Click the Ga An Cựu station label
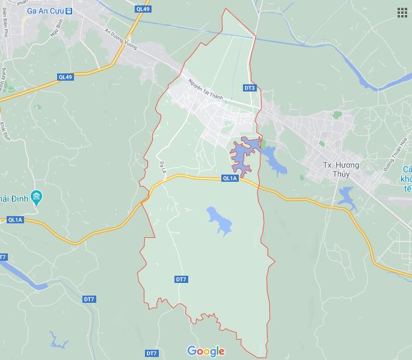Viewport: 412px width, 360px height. [x=46, y=11]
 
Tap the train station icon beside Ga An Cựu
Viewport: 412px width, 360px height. [x=69, y=11]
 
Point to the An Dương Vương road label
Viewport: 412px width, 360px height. [x=120, y=39]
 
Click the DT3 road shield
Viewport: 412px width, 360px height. [x=250, y=88]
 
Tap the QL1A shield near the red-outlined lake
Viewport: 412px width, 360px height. [x=230, y=178]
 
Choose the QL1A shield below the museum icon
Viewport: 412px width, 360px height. [x=15, y=220]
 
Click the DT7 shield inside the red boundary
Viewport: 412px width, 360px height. [x=181, y=279]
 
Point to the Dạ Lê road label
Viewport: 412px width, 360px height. [x=162, y=167]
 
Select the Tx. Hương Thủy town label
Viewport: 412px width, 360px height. [x=340, y=169]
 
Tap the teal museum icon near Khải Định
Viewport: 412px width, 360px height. [x=36, y=197]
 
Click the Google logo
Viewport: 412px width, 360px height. [x=206, y=351]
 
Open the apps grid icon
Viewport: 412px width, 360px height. [x=402, y=13]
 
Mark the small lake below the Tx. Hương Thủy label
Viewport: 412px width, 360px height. [x=347, y=196]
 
